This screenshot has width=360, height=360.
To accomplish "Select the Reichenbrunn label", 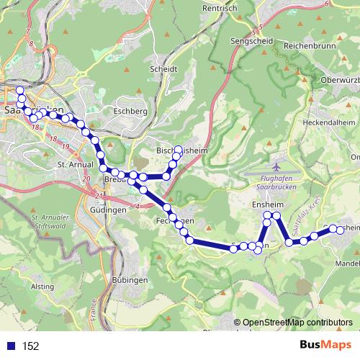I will (310, 45).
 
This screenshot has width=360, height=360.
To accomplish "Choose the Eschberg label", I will (130, 112).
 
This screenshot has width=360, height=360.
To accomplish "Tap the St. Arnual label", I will (71, 164).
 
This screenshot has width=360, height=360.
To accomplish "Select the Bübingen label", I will (130, 279).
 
